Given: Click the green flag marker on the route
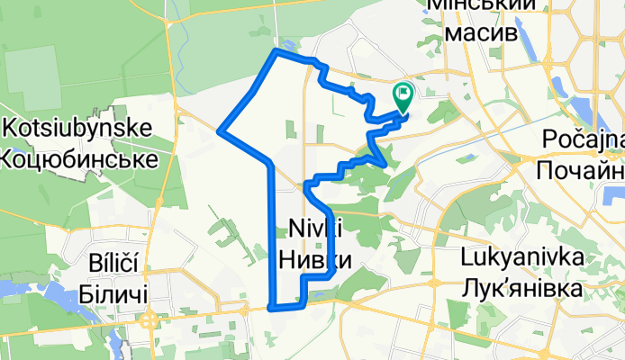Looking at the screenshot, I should [403, 93].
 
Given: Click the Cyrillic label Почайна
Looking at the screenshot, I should [582, 171].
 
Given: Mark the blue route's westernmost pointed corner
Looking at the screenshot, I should [220, 131].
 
